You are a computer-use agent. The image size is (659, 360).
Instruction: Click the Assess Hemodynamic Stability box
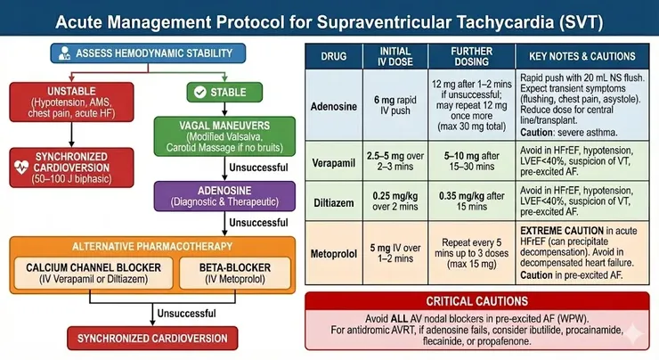[x=148, y=53]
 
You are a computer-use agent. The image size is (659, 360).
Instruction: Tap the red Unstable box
[x=71, y=102]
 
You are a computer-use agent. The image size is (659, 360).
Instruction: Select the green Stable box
[x=224, y=92]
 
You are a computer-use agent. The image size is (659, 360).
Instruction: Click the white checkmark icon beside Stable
[x=200, y=92]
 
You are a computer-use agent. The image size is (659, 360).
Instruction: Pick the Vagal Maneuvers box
[x=224, y=136]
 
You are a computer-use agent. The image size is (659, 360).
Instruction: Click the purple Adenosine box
[x=224, y=196]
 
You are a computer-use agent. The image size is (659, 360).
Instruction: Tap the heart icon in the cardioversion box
[x=21, y=167]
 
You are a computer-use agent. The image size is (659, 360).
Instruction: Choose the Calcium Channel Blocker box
[x=94, y=273]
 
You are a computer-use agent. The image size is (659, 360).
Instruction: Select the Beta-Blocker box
[x=235, y=273]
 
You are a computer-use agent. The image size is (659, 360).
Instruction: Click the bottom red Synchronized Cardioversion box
[x=152, y=338]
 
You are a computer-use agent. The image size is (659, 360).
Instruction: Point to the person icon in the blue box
[x=64, y=53]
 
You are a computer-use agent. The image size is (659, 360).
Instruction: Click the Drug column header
[x=334, y=56]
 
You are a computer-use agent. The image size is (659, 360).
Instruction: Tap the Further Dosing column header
[x=472, y=56]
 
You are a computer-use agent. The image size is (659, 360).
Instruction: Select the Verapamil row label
[x=334, y=163]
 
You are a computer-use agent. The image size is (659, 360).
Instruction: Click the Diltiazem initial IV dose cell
[x=395, y=201]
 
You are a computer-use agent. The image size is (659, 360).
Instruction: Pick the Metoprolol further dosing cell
[x=472, y=253]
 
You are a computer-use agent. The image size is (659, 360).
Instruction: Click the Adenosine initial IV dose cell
[x=395, y=105]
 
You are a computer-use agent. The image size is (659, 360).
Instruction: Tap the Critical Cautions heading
[x=477, y=301]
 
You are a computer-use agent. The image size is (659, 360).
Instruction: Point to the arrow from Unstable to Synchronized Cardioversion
[x=71, y=135]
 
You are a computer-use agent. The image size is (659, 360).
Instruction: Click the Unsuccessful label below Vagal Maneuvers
[x=258, y=168]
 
